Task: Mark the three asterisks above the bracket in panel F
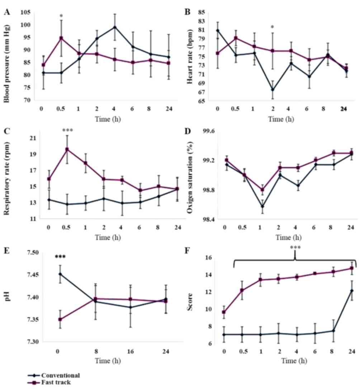coord(295,248)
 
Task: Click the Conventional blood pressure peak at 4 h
coord(115,27)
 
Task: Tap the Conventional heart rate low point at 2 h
coord(273,89)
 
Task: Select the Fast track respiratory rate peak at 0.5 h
coord(67,149)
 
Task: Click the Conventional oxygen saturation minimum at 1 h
coord(262,207)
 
